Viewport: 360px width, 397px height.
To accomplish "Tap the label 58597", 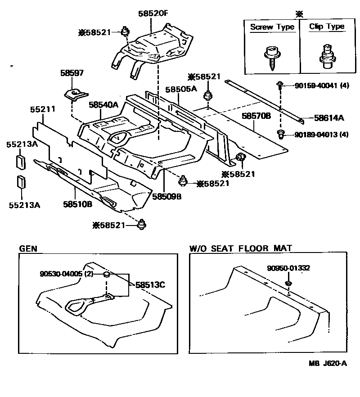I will coord(72,73).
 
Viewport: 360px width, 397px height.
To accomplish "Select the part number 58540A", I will coord(103,105).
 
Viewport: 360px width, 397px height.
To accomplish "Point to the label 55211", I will coord(43,108).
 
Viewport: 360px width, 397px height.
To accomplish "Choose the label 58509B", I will coord(166,196).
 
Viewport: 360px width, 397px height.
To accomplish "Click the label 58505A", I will coord(181,89).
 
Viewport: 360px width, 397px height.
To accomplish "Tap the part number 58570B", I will coord(256,116).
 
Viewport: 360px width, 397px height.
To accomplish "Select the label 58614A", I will coord(328,118).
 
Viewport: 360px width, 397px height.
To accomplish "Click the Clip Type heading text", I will coord(326,27).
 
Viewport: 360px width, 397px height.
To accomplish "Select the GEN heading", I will coord(28,248).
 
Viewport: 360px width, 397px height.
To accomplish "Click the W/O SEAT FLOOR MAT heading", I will coord(241,248).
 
